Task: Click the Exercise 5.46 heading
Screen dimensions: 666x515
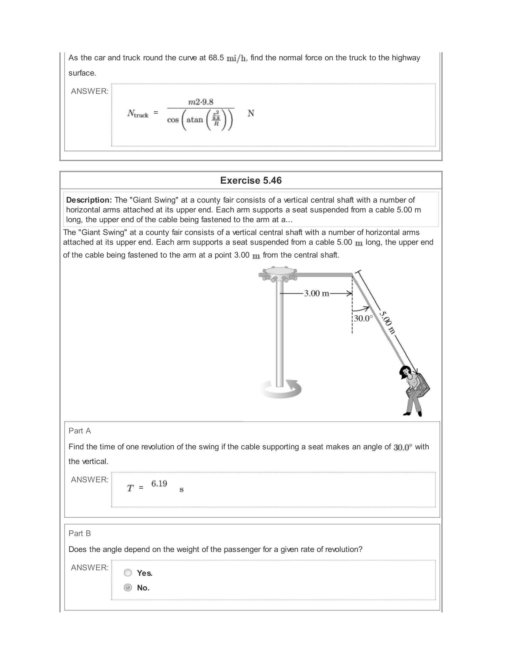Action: (x=251, y=180)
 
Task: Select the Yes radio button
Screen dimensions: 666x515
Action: (x=128, y=573)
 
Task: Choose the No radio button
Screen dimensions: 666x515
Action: (x=128, y=587)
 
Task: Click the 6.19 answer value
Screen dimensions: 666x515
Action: (x=159, y=484)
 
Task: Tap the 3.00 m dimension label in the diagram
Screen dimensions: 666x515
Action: (x=316, y=293)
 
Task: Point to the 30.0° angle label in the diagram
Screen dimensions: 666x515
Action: (x=363, y=318)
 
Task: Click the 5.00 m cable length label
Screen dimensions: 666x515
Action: (x=388, y=322)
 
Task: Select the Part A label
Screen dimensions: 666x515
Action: (x=80, y=430)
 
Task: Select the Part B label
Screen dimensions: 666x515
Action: (x=80, y=533)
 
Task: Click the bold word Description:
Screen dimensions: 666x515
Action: (x=89, y=200)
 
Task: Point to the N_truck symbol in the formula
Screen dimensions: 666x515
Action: (x=138, y=114)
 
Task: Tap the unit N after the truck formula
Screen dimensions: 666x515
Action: (x=251, y=114)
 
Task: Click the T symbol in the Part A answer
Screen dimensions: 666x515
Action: (x=130, y=488)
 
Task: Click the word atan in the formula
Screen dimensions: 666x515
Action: (x=195, y=120)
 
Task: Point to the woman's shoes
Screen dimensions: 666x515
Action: (x=413, y=414)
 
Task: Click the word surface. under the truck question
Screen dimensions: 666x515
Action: (x=82, y=73)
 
